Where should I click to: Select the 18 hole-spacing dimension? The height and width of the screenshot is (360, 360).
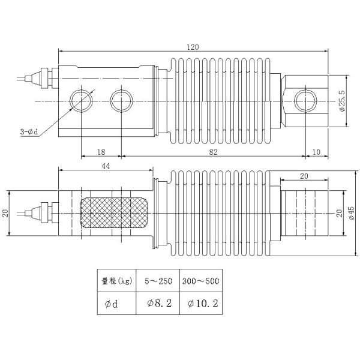pos(101,152)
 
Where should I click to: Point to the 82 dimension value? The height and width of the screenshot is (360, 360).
pos(214,152)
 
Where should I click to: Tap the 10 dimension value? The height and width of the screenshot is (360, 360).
pos(316,152)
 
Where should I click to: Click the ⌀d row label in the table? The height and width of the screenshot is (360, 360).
pos(112,303)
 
